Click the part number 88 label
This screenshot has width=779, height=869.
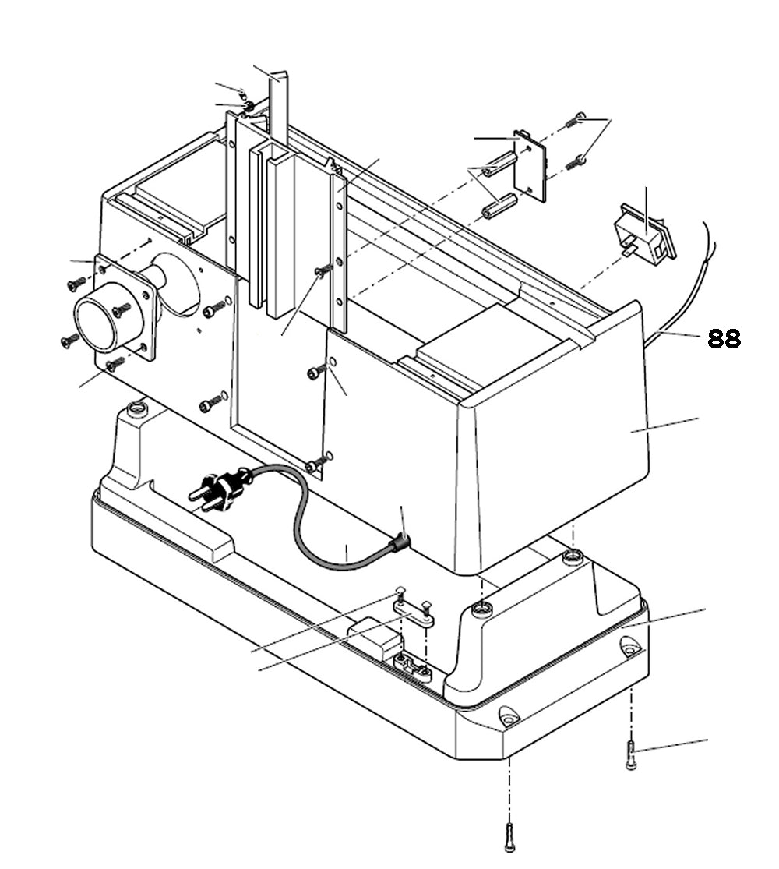(724, 339)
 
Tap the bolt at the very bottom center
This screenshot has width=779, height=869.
(509, 837)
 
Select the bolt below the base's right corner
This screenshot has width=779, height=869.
(631, 756)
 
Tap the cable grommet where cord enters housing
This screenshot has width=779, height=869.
(400, 542)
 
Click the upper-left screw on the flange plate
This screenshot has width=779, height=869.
(76, 284)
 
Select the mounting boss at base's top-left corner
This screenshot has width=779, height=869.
(138, 408)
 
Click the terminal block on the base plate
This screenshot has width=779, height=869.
(413, 667)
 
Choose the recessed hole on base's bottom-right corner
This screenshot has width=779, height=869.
(630, 646)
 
